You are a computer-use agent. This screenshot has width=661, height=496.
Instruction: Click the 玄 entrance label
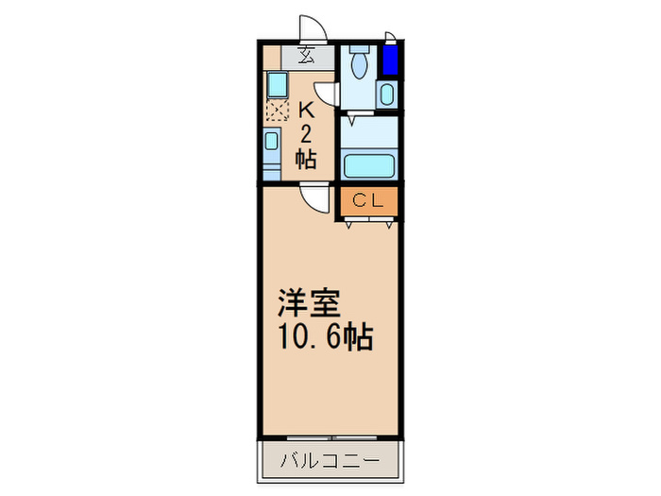click(308, 54)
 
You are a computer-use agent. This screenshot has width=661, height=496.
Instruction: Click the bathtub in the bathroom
click(368, 165)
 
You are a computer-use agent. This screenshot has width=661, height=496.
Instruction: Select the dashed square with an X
click(276, 111)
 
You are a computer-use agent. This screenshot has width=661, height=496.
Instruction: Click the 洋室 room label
click(301, 305)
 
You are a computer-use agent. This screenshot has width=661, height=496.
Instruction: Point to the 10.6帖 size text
click(323, 336)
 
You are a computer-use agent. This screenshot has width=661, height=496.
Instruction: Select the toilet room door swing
click(327, 94)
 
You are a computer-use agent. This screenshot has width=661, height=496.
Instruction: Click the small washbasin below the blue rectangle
click(387, 94)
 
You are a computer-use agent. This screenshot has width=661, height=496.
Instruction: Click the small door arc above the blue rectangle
click(390, 39)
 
